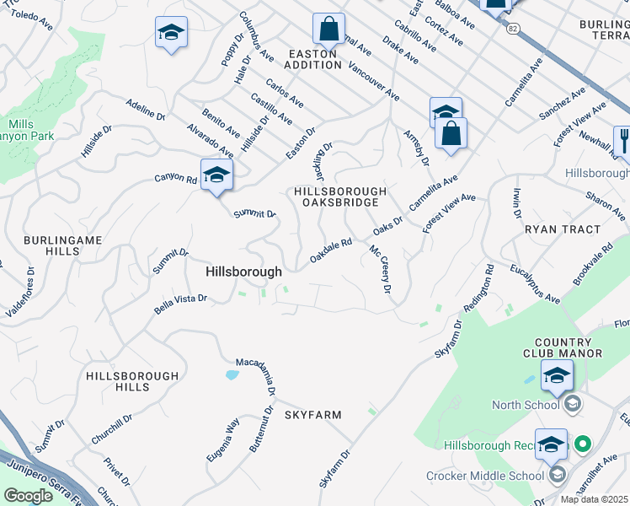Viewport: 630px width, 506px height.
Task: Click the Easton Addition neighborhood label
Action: click(312, 59)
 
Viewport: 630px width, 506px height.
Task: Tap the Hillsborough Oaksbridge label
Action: click(340, 197)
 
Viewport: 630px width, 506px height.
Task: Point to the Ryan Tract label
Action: click(563, 229)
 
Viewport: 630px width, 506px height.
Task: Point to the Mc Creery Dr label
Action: click(382, 269)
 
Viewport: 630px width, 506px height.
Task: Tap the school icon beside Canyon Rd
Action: click(216, 175)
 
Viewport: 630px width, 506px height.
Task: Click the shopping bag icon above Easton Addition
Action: click(328, 30)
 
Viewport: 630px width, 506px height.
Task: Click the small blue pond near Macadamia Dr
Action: click(232, 374)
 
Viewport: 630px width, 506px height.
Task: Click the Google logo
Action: click(28, 496)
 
